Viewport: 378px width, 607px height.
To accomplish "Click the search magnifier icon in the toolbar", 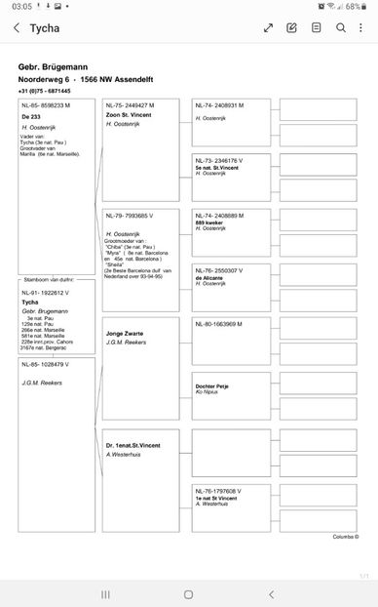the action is coord(341,28).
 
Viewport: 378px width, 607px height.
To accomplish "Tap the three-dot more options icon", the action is coord(362,28).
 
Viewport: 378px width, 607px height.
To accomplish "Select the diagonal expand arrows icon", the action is coord(268,28).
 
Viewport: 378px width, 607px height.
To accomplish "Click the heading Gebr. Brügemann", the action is coord(55,66).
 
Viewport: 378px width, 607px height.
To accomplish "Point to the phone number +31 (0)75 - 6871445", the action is coord(44,90).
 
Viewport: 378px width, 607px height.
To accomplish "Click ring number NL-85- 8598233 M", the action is coord(46,104).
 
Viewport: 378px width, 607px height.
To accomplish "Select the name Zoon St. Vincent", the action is coord(129,115).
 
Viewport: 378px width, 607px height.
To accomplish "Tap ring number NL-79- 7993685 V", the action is coord(130,215).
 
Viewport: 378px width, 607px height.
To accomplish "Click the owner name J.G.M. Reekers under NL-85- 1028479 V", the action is coord(42,383).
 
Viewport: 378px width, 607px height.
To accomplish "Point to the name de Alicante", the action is coord(209,277).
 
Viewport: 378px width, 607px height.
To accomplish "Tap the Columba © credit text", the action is coord(345,537).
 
